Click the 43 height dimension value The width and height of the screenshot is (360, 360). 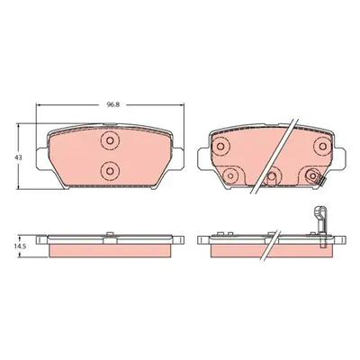click(x=19, y=157)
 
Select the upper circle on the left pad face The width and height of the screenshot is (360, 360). click(x=110, y=140)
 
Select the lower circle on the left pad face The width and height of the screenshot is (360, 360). click(x=110, y=171)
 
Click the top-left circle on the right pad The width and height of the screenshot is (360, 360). click(x=220, y=147)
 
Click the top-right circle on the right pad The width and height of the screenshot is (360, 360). click(x=322, y=147)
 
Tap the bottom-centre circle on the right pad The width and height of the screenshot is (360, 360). click(x=272, y=176)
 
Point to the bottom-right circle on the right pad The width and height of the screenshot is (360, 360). click(x=312, y=175)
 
